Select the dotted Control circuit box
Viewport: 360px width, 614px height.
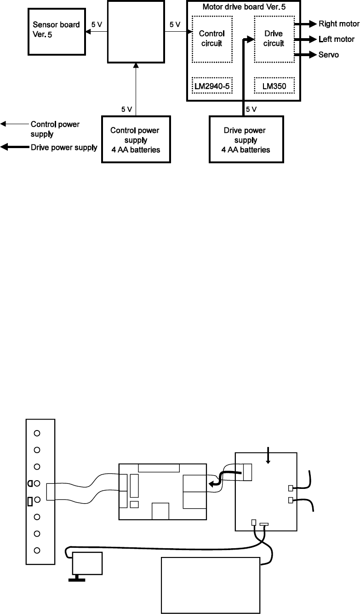[x=212, y=39]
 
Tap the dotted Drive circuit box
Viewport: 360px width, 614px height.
[x=274, y=39]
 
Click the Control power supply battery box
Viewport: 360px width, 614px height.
[x=135, y=139]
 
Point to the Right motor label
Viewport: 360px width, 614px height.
[x=338, y=23]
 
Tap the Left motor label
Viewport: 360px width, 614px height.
[x=336, y=39]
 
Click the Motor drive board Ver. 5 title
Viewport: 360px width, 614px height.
[x=244, y=7]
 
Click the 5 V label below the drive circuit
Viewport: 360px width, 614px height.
[x=252, y=109]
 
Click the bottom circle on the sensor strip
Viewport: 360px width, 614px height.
[x=38, y=550]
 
